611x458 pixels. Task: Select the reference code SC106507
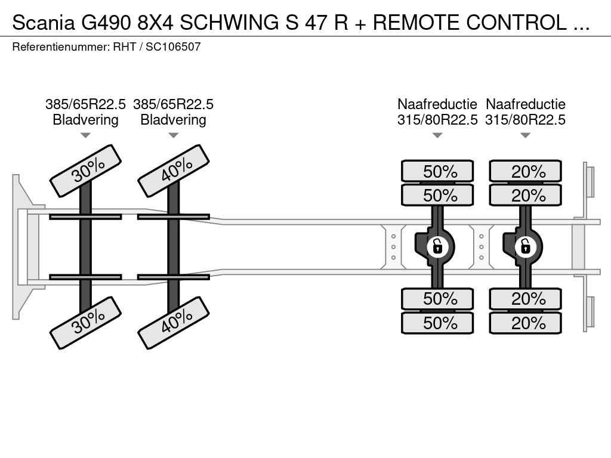173,47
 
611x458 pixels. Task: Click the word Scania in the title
44,23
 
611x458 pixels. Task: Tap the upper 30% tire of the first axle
85,171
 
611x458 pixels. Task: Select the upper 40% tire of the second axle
173,171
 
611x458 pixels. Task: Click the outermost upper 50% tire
437,171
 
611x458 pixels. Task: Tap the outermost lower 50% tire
437,323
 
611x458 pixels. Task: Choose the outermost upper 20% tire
526,171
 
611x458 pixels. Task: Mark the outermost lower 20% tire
526,323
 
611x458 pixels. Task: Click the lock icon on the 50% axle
437,245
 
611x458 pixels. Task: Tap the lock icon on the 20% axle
526,245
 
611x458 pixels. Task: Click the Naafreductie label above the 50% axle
437,104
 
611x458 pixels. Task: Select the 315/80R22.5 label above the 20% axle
526,120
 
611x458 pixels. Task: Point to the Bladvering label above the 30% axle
85,120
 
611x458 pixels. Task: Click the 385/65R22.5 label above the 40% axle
173,104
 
